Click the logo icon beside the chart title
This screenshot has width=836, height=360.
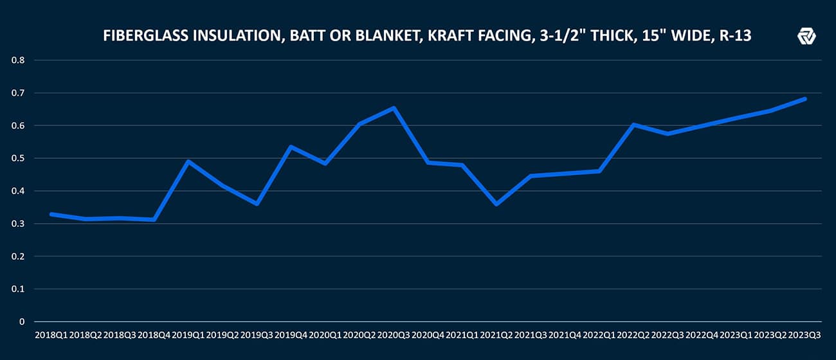[x=806, y=37]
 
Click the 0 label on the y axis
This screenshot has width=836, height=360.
[x=22, y=321]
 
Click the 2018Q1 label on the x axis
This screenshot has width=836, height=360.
[x=51, y=336]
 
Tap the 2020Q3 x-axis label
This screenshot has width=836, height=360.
[x=394, y=336]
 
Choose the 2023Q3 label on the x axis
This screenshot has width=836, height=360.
[x=805, y=336]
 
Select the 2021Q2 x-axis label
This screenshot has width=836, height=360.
[x=496, y=336]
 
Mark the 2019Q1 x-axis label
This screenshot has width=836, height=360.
[x=188, y=336]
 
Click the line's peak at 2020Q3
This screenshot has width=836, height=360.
[x=394, y=107]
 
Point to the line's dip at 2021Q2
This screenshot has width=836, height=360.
[x=496, y=204]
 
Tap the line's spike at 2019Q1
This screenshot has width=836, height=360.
[x=188, y=161]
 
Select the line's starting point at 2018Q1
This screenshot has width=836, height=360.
[x=51, y=213]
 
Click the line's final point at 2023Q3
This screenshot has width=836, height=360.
[x=805, y=98]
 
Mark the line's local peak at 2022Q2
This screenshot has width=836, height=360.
[x=633, y=125]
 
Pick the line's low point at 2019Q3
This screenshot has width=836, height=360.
[x=257, y=204]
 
